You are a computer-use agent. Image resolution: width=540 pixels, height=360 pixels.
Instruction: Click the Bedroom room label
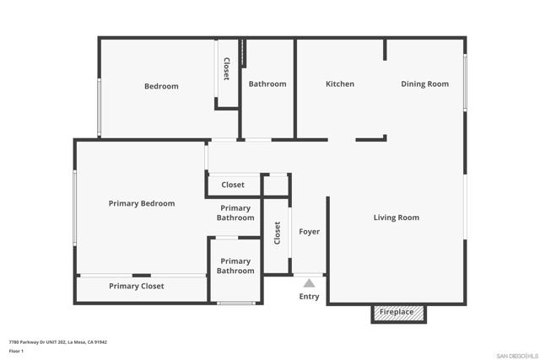[x=161, y=86]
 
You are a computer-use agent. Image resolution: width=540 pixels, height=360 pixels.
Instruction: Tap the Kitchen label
[x=340, y=84]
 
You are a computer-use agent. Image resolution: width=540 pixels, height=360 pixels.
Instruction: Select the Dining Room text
[x=424, y=84]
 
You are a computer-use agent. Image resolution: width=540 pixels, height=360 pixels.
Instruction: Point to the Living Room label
[x=397, y=218]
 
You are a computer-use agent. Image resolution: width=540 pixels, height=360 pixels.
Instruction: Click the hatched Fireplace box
[x=398, y=313]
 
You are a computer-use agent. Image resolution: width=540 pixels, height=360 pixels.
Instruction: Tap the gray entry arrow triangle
[x=309, y=283]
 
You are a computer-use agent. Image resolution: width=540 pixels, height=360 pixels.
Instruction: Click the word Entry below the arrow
[x=309, y=296]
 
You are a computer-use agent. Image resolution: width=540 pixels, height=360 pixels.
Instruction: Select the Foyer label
[x=310, y=232]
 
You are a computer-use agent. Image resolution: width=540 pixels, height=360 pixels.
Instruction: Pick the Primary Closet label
[x=137, y=286]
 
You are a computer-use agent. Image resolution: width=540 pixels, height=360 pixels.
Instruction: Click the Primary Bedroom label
[x=142, y=203]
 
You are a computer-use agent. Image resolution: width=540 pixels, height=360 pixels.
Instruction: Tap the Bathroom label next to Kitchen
[x=267, y=84]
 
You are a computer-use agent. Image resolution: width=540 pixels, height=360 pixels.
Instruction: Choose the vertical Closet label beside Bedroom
[x=227, y=69]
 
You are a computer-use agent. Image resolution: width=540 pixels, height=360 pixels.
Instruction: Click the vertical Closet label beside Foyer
[x=278, y=233]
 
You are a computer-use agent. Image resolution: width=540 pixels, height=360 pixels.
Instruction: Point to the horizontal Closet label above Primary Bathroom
[x=233, y=185]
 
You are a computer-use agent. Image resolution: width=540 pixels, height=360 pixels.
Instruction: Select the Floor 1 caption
[x=16, y=351]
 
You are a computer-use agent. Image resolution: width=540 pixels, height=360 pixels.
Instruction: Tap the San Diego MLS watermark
[x=517, y=356]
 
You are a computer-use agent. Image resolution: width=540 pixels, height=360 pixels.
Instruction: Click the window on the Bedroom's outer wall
[x=100, y=107]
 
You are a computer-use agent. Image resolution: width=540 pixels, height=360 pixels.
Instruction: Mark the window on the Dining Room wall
[x=465, y=83]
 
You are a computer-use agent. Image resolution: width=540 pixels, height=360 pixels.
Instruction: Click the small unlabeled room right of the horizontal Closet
[x=276, y=185]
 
